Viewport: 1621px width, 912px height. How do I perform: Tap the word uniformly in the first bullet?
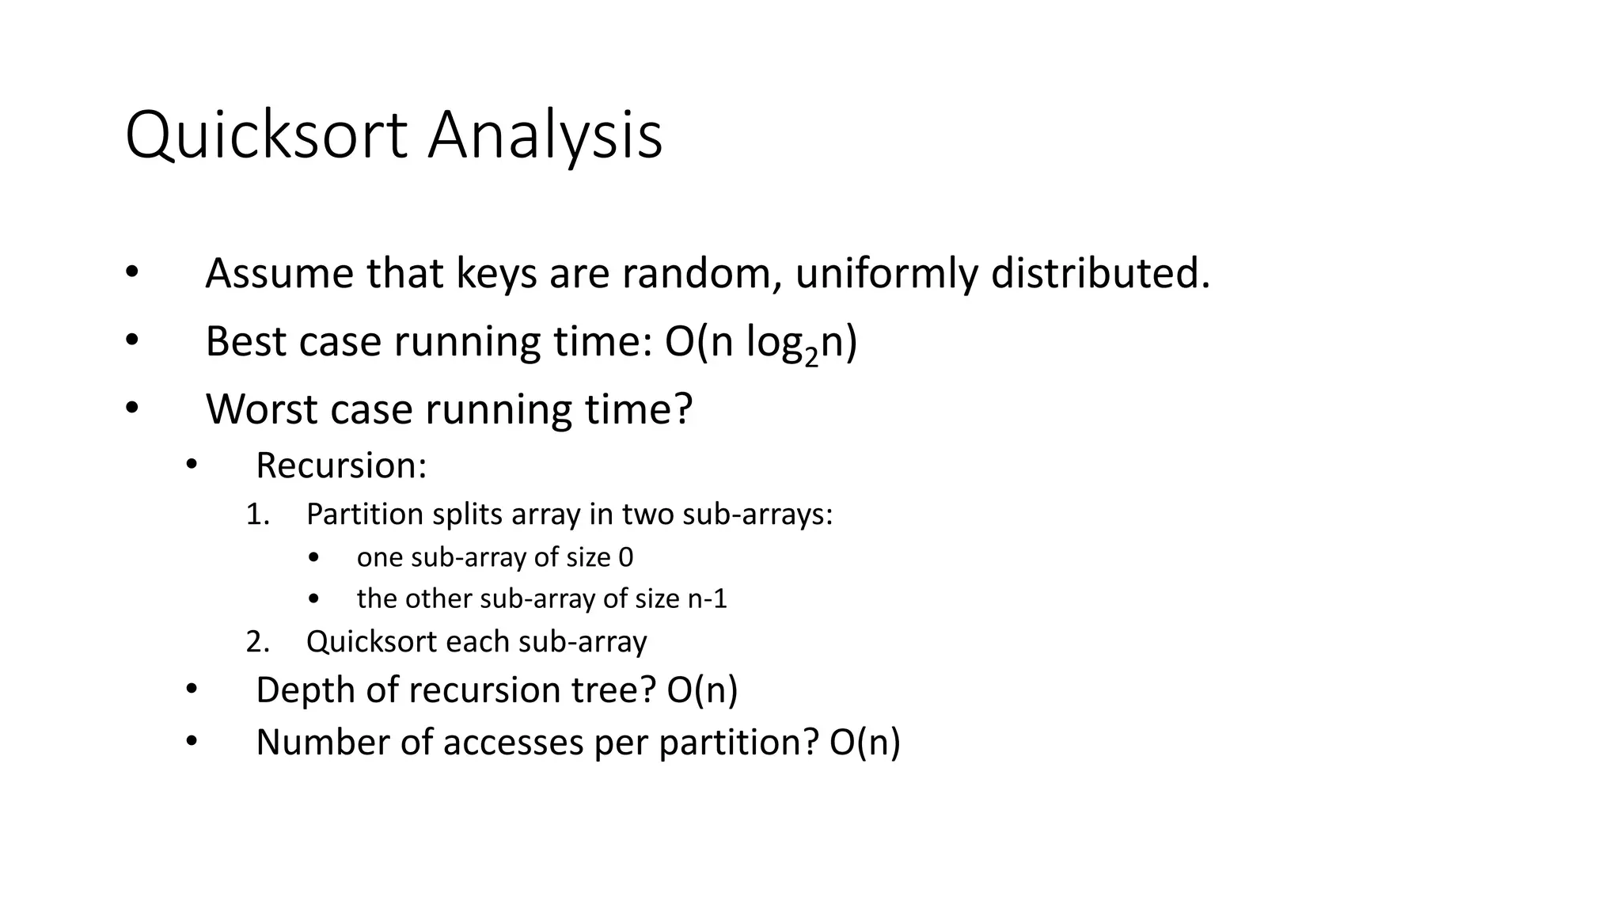click(x=886, y=274)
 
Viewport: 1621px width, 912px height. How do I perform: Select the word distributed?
click(x=1100, y=274)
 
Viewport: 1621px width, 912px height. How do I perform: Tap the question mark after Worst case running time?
click(x=683, y=410)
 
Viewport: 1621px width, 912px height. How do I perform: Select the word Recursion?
click(x=341, y=465)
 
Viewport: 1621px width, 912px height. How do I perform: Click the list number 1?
click(x=256, y=515)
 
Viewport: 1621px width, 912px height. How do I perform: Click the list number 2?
click(x=256, y=641)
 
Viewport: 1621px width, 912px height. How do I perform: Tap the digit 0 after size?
click(x=625, y=557)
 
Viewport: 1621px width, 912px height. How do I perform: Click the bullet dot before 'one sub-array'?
click(x=314, y=558)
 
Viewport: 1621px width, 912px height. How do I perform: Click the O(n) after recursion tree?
click(x=702, y=690)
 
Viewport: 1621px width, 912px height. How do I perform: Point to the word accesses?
click(x=513, y=743)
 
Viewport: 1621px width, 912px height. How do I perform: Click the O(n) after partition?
click(x=864, y=743)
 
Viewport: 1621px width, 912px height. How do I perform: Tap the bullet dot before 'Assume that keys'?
click(x=131, y=272)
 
